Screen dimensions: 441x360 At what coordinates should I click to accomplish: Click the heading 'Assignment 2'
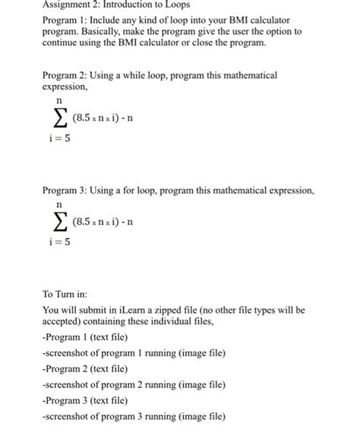click(71, 5)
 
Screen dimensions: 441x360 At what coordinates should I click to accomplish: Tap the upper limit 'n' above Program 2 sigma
click(58, 99)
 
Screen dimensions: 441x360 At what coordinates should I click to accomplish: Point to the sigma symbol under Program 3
click(57, 221)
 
